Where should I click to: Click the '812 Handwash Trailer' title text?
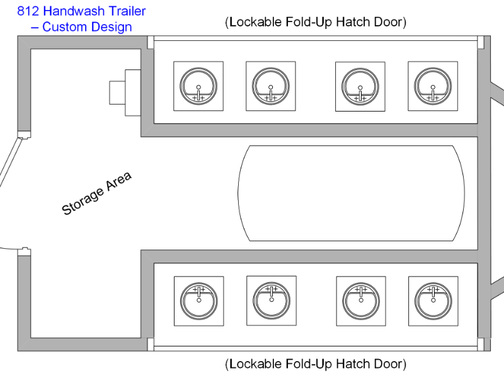[81, 11]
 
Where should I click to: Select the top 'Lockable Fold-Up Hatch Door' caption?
[315, 22]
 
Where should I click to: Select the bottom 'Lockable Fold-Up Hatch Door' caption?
[315, 364]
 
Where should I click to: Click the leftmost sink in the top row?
[198, 86]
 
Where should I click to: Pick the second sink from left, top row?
[271, 86]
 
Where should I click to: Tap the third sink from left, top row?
[360, 86]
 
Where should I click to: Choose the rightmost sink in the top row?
[433, 86]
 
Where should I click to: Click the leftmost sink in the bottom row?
[198, 301]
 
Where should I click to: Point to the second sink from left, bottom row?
[271, 301]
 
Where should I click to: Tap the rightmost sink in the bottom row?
[433, 301]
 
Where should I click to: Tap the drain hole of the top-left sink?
[198, 86]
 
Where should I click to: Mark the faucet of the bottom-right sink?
[433, 290]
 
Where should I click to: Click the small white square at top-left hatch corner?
[150, 42]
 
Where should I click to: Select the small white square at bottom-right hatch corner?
[481, 344]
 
